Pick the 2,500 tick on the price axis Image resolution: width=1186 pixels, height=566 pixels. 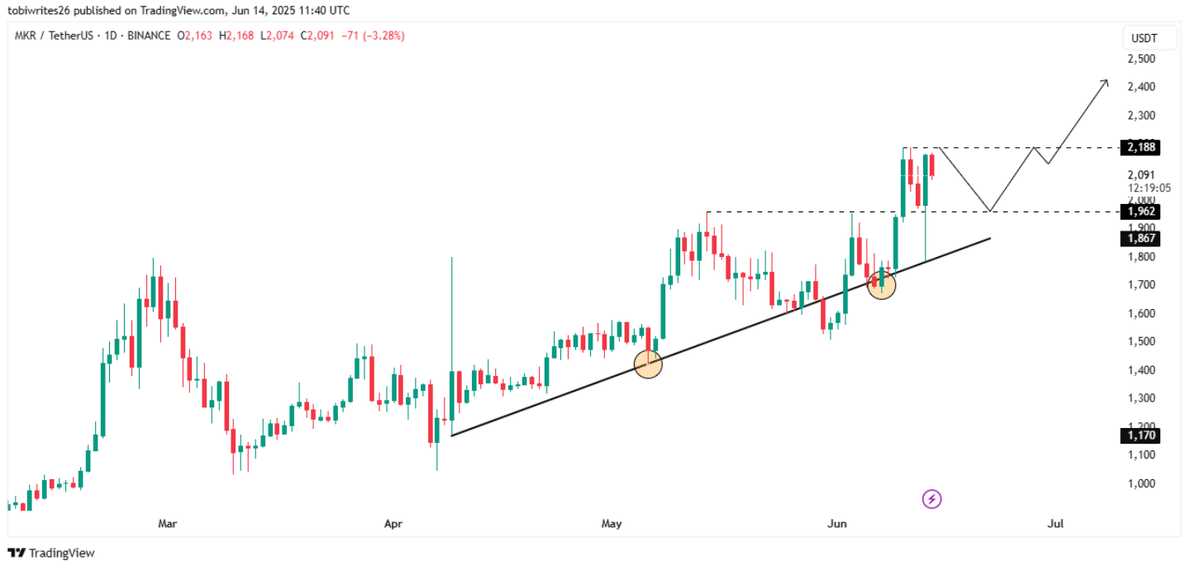1140,59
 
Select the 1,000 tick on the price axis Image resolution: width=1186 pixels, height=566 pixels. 1140,483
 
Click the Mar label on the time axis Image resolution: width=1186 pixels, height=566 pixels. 168,523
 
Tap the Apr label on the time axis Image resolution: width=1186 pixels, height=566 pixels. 393,523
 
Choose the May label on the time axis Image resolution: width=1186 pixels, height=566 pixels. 612,523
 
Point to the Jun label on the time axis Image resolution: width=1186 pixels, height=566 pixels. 838,523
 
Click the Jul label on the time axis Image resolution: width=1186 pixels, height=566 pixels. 1055,523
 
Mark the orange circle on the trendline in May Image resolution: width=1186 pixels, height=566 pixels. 648,364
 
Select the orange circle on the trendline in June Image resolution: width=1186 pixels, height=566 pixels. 881,284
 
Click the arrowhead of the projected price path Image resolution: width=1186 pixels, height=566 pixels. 1105,82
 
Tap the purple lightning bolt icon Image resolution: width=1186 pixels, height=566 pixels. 931,498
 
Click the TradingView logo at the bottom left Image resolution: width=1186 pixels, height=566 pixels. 51,553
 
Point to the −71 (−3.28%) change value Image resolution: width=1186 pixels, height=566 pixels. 377,36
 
